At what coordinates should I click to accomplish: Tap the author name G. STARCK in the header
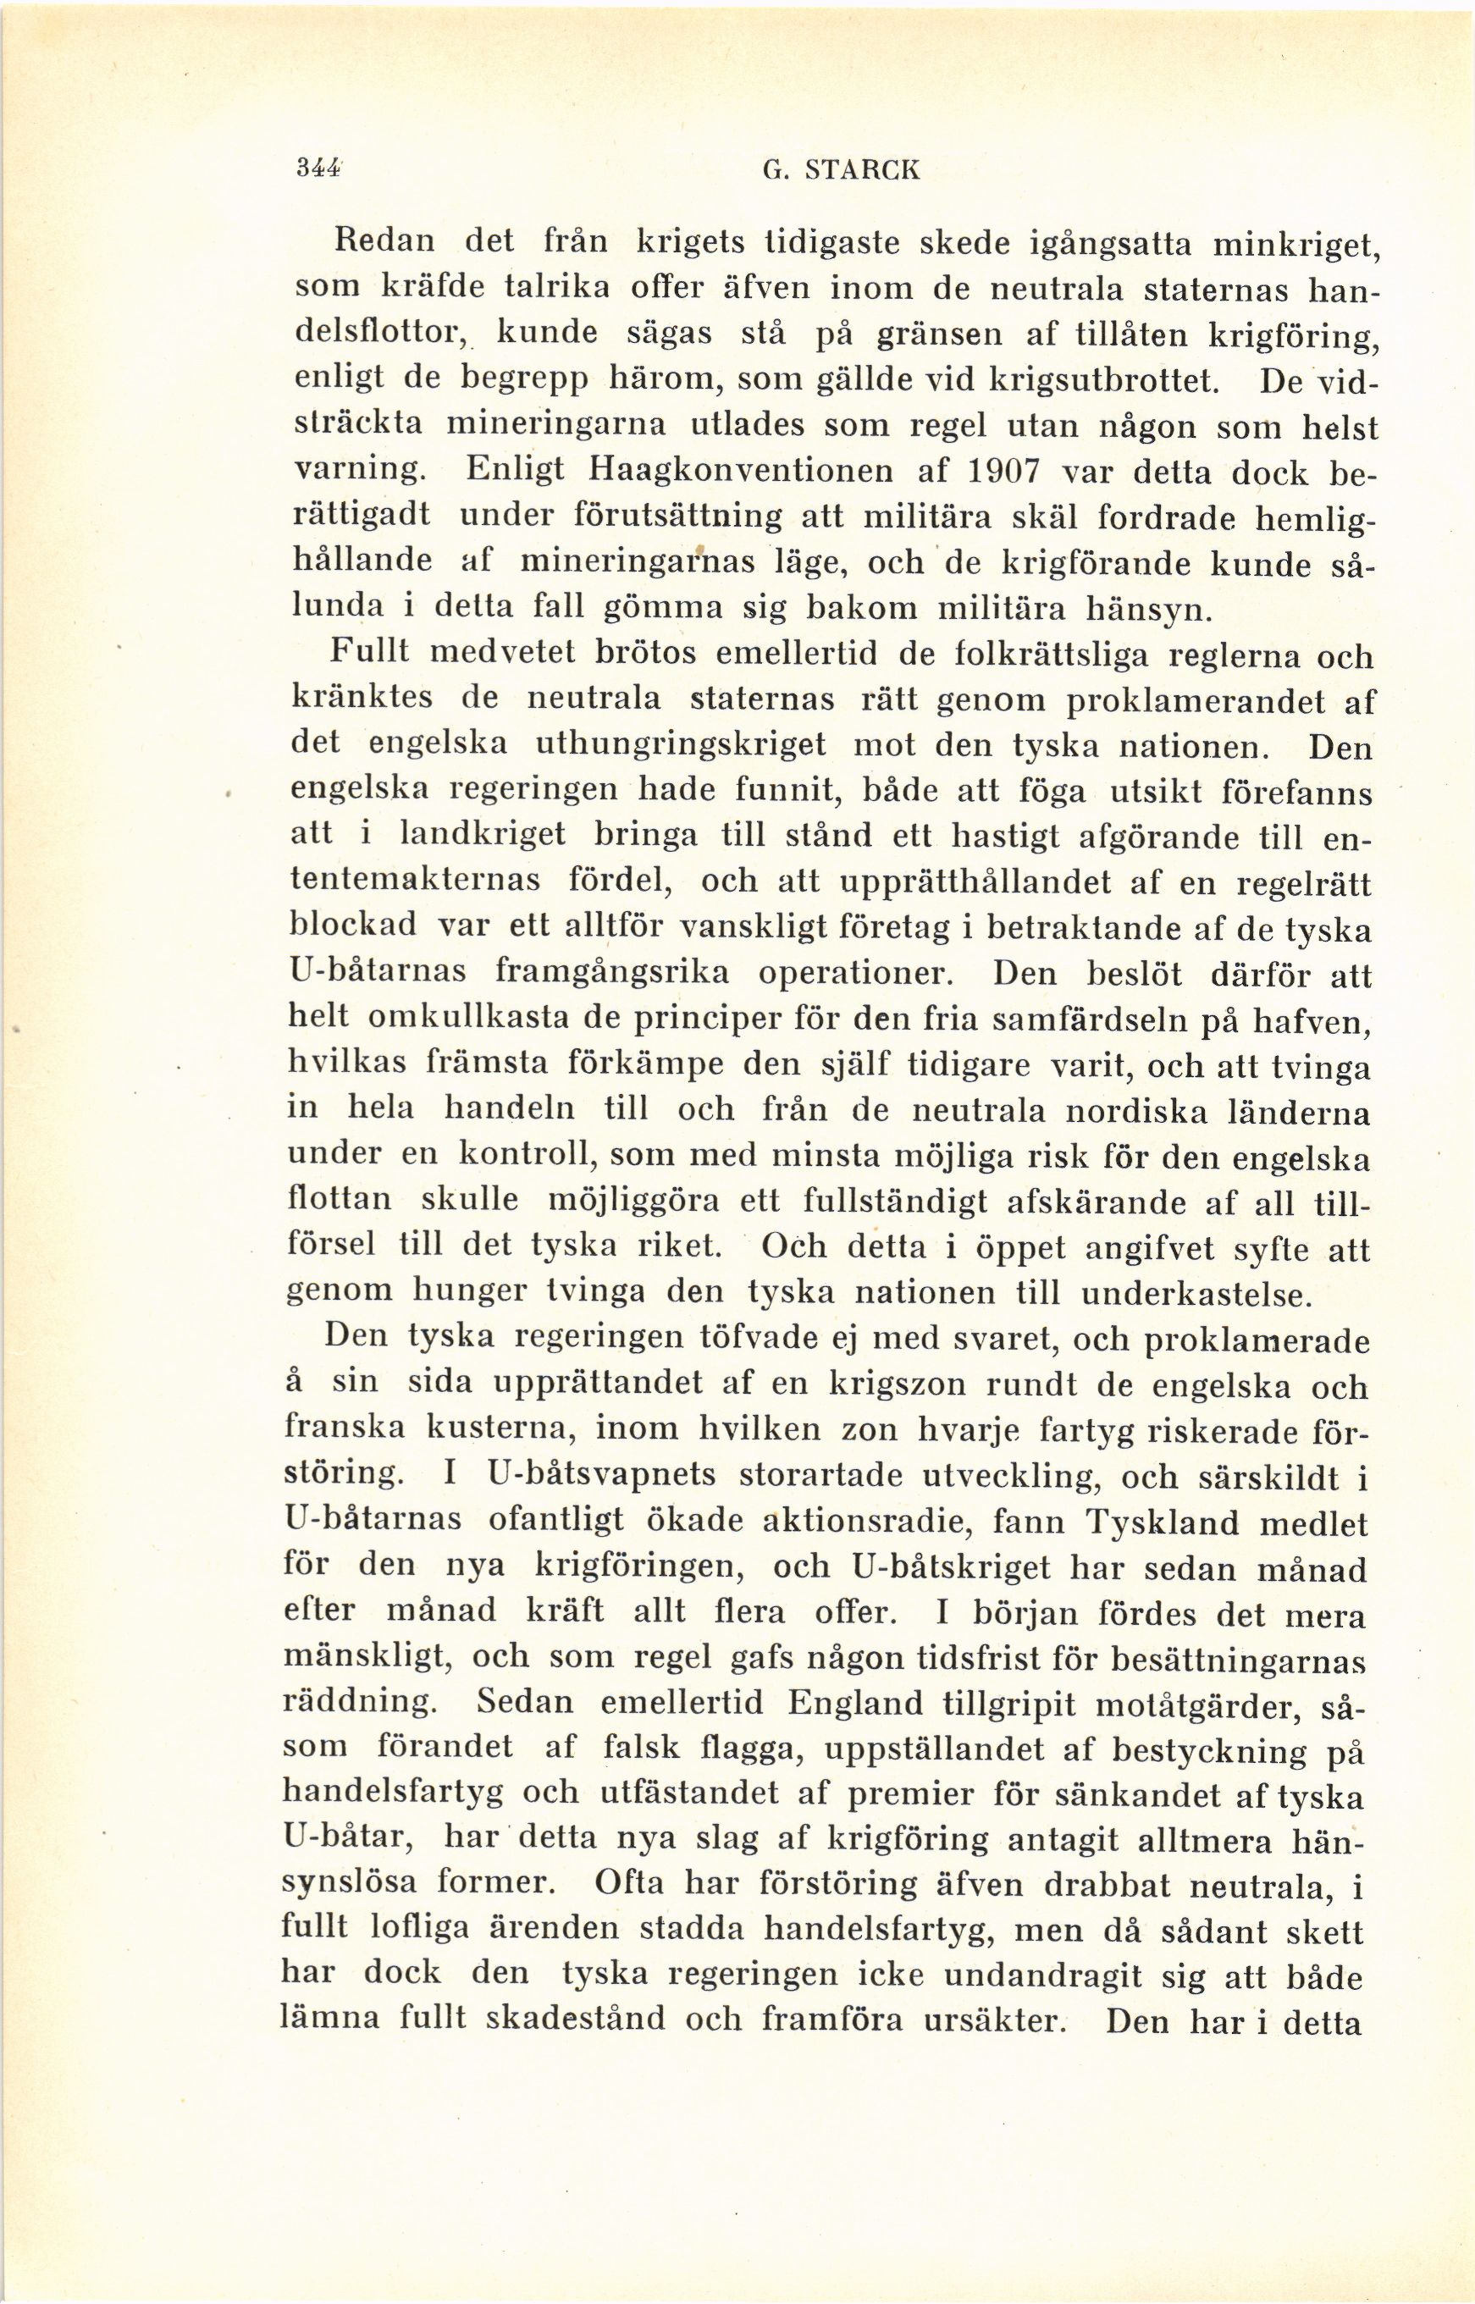click(826, 170)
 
